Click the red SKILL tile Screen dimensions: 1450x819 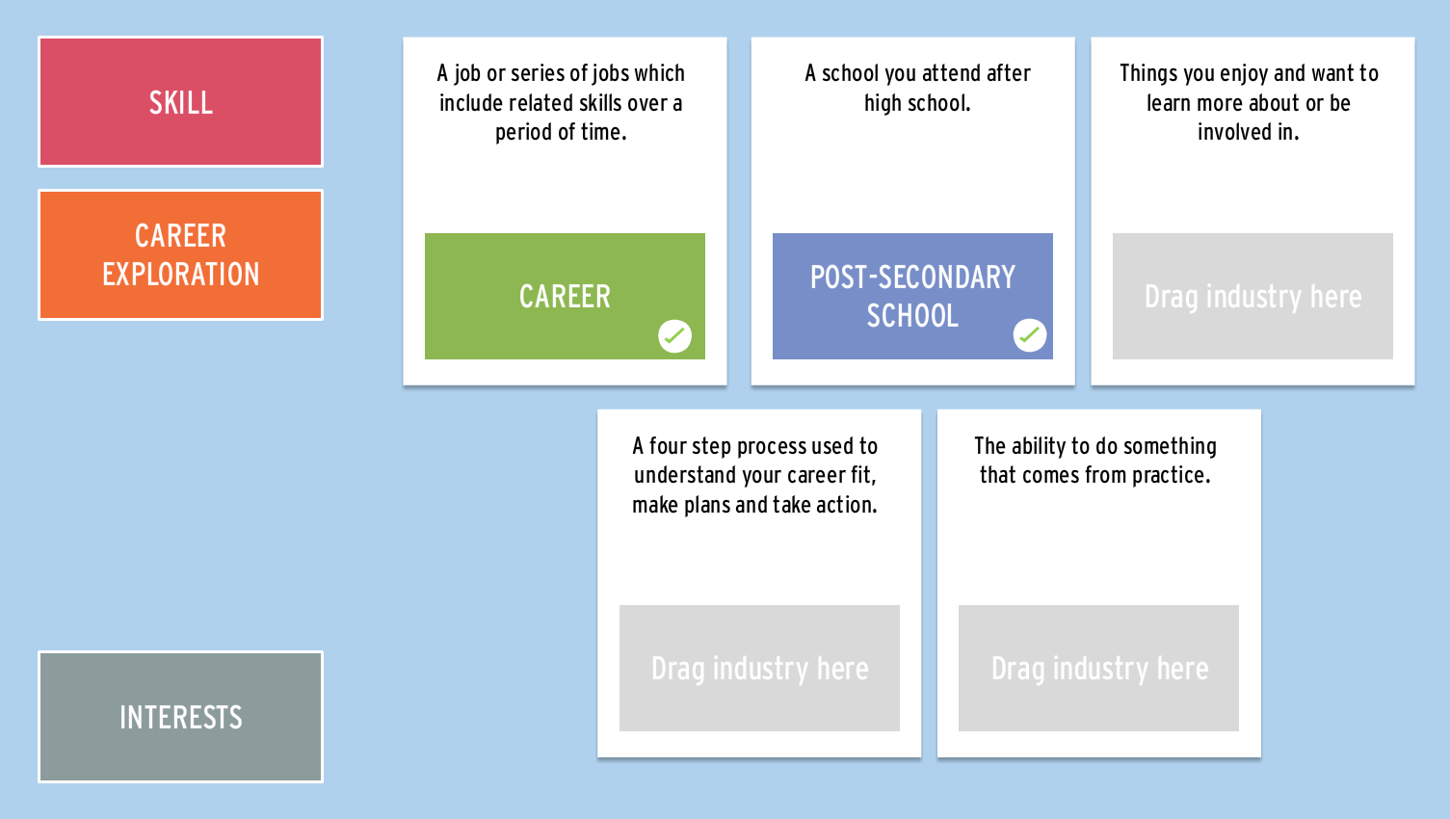point(180,101)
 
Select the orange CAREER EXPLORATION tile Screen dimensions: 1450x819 point(180,254)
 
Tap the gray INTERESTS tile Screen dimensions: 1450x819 point(180,717)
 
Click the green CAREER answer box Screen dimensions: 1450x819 point(565,296)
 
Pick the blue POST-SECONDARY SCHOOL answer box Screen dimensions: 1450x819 point(912,296)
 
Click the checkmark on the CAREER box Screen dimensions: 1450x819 point(674,335)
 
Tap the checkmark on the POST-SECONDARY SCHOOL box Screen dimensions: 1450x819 point(1029,334)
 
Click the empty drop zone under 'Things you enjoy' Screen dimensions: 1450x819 point(1252,296)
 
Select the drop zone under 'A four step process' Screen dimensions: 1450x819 point(759,668)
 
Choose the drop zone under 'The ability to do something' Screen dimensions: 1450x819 point(1098,668)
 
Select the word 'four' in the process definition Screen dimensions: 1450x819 point(668,446)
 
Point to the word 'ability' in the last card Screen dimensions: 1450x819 point(1039,446)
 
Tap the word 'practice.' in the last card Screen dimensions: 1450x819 point(1171,476)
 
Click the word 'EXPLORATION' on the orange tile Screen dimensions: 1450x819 point(180,274)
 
